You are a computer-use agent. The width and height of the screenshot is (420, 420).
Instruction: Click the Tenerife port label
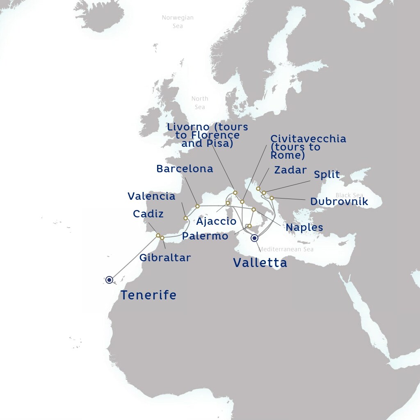[x=148, y=295]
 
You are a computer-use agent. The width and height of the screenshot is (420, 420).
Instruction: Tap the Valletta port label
[x=260, y=263]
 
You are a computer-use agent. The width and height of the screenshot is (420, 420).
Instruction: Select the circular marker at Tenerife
[x=109, y=280]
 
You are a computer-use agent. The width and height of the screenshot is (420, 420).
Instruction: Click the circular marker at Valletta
[x=255, y=238]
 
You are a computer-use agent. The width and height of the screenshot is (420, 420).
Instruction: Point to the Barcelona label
[x=185, y=169]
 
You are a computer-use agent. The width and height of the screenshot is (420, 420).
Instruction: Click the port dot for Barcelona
[x=197, y=206]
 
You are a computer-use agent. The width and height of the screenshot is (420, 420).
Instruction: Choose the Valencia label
[x=151, y=196]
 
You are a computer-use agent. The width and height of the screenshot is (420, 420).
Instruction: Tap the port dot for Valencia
[x=185, y=218]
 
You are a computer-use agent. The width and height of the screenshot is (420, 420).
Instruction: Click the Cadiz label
[x=148, y=214]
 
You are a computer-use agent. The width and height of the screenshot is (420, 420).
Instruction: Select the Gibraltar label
[x=165, y=258]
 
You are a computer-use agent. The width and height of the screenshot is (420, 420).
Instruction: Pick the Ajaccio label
[x=216, y=221]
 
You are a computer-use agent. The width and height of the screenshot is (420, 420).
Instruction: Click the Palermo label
[x=205, y=236]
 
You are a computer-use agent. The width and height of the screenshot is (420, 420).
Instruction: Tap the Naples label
[x=304, y=227]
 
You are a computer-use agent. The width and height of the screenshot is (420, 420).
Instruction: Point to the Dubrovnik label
[x=339, y=202]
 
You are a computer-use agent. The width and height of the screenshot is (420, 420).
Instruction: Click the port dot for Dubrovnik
[x=272, y=198]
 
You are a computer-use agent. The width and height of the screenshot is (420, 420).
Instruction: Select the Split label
[x=327, y=174]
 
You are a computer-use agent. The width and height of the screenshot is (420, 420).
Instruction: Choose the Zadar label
[x=290, y=170]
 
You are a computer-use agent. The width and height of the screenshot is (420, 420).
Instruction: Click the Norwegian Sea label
[x=178, y=22]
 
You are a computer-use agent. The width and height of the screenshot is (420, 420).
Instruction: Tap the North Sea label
[x=200, y=103]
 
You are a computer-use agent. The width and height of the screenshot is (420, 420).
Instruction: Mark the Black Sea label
[x=349, y=195]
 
